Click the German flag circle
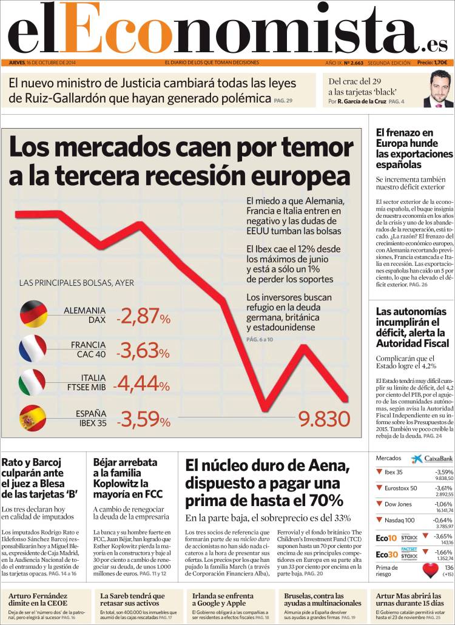pos(33,313)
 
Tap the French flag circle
pos(33,348)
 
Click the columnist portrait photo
pos(437,89)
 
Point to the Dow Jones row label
pos(399,504)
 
